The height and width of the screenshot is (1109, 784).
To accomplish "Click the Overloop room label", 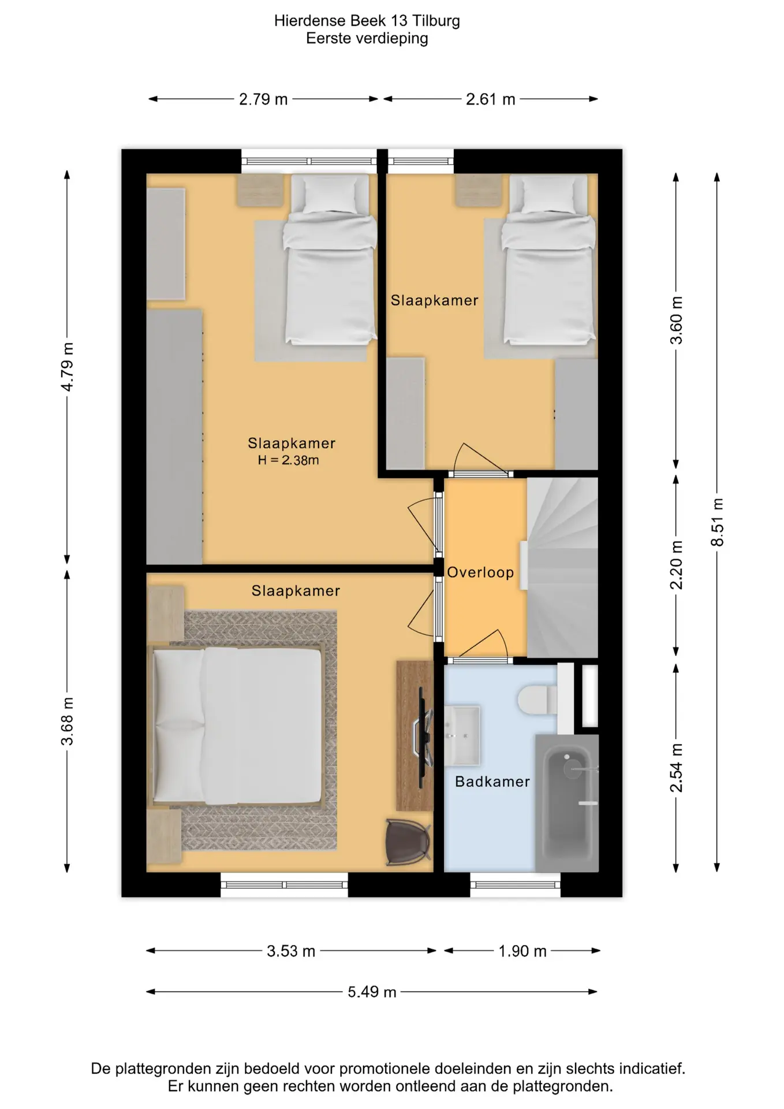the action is click(480, 572).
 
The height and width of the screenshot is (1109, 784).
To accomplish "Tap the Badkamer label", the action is click(492, 781).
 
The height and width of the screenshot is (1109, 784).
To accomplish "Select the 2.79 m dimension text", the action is click(263, 99).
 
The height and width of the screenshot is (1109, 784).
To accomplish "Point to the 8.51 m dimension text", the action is click(717, 522).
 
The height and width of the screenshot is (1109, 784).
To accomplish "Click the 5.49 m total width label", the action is click(372, 992).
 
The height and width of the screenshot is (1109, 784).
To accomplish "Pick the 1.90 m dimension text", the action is click(522, 951).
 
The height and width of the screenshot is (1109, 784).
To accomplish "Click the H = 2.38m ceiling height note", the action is click(288, 460).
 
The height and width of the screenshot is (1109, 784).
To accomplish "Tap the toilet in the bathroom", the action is click(537, 700).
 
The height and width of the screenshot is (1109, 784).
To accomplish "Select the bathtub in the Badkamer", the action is click(566, 803).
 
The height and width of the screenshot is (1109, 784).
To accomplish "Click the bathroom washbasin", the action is click(462, 735).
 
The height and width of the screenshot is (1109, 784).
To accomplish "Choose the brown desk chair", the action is click(408, 843).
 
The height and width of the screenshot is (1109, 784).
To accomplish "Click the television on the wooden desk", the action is click(424, 734).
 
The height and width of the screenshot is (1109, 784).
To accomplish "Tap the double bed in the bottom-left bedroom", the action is click(236, 726).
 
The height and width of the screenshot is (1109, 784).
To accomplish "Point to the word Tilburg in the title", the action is click(436, 21).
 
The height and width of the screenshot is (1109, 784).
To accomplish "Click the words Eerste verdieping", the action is click(367, 39).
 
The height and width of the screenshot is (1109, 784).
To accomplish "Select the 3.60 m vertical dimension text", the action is click(676, 321).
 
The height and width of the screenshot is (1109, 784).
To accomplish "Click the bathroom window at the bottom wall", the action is click(515, 884).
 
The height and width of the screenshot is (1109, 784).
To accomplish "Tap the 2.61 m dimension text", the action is click(491, 99).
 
